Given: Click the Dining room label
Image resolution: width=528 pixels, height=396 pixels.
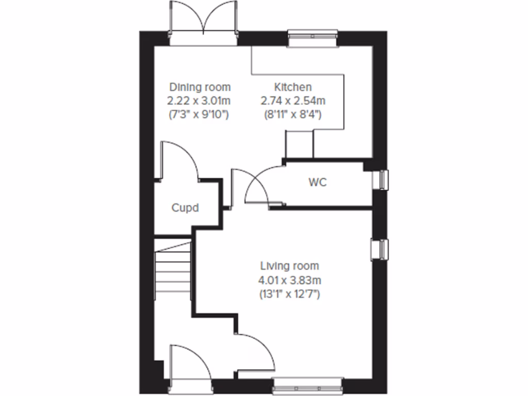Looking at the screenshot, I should coord(200,87).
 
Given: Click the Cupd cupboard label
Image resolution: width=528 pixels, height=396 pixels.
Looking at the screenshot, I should coord(185,208).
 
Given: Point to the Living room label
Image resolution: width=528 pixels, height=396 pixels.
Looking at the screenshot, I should coord(289,266).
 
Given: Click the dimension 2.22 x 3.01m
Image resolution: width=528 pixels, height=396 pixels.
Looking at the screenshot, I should coord(200,101).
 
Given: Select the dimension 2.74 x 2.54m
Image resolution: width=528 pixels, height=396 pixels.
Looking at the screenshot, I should coord(292,101).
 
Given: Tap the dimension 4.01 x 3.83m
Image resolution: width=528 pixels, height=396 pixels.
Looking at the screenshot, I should coord(289,280).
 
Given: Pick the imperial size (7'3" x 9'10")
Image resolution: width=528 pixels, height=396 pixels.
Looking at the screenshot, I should coord(200,114).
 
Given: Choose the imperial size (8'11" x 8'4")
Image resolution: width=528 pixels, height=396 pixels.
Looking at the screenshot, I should coord(292,114).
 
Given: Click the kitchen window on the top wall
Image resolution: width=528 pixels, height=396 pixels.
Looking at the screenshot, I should coord(313,38).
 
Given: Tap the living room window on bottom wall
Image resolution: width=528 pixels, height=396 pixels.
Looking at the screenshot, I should coord(308,385).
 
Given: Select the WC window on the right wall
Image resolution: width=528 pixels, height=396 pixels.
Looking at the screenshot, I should coord(382,180).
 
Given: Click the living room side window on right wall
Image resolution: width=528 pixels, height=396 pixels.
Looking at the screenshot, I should coord(381,250).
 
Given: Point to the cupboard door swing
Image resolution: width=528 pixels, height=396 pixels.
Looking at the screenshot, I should coord(180,160).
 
